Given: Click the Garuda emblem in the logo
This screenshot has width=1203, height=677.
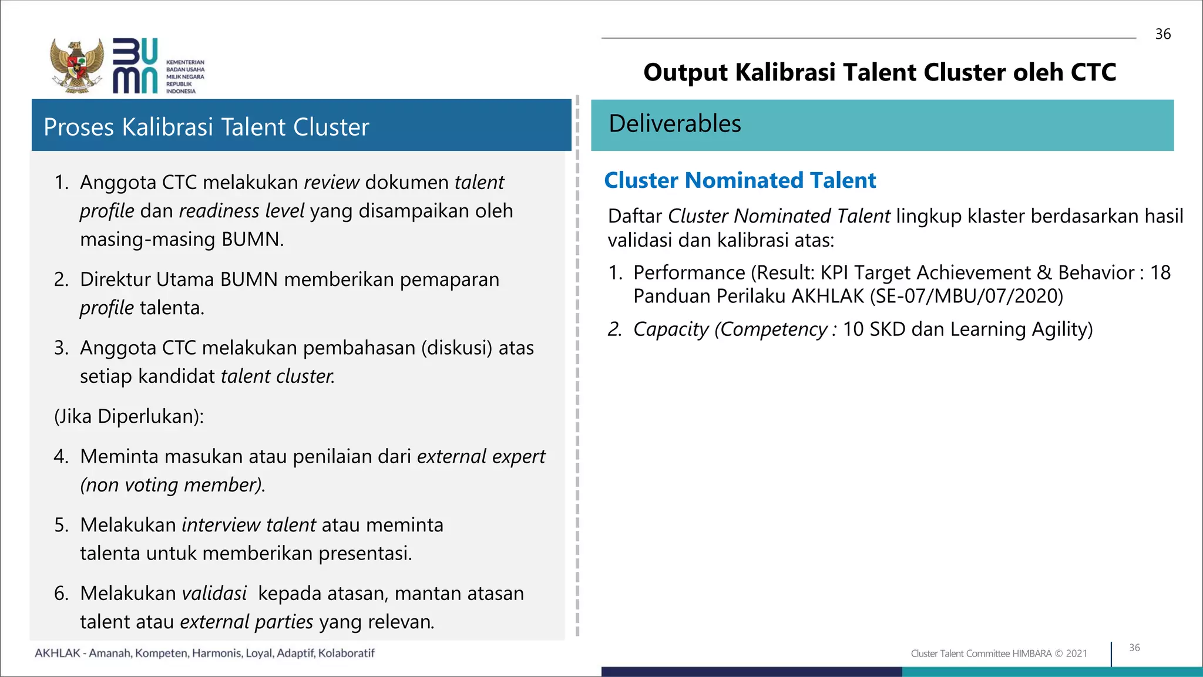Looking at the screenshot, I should click(77, 66).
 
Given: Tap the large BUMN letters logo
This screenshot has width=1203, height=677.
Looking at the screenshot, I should click(135, 66).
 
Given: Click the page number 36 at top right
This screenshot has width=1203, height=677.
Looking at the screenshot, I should click(1162, 34).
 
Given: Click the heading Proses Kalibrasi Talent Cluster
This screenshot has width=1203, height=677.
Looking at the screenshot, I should click(206, 127).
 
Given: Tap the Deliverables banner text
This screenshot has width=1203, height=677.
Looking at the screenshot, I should click(675, 124).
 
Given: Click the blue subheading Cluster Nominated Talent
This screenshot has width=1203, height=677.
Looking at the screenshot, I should click(740, 180).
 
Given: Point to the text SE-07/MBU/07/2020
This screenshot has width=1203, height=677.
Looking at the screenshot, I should click(966, 296).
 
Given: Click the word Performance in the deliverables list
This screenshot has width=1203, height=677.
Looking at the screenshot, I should click(689, 272).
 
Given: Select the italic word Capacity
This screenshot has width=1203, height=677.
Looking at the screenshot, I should click(671, 329).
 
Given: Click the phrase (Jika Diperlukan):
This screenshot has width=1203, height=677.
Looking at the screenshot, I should click(129, 416).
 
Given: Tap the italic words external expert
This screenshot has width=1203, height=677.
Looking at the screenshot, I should click(480, 456).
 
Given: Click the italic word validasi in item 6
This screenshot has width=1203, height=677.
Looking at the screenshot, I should click(214, 594).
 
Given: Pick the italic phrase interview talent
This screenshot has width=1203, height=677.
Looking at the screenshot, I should click(248, 525).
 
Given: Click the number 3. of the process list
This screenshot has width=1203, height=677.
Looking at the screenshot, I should click(61, 348).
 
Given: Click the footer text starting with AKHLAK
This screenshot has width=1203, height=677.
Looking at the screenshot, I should click(204, 653).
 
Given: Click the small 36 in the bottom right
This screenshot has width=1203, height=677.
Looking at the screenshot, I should click(1134, 648).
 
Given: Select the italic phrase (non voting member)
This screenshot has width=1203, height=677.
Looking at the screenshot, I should click(173, 485).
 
